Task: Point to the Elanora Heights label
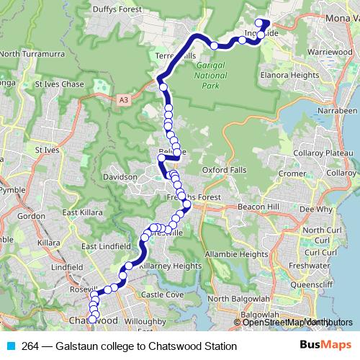(x=291, y=74)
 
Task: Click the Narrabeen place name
(x=337, y=111)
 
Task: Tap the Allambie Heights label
(x=237, y=254)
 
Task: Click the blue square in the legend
(x=11, y=346)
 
